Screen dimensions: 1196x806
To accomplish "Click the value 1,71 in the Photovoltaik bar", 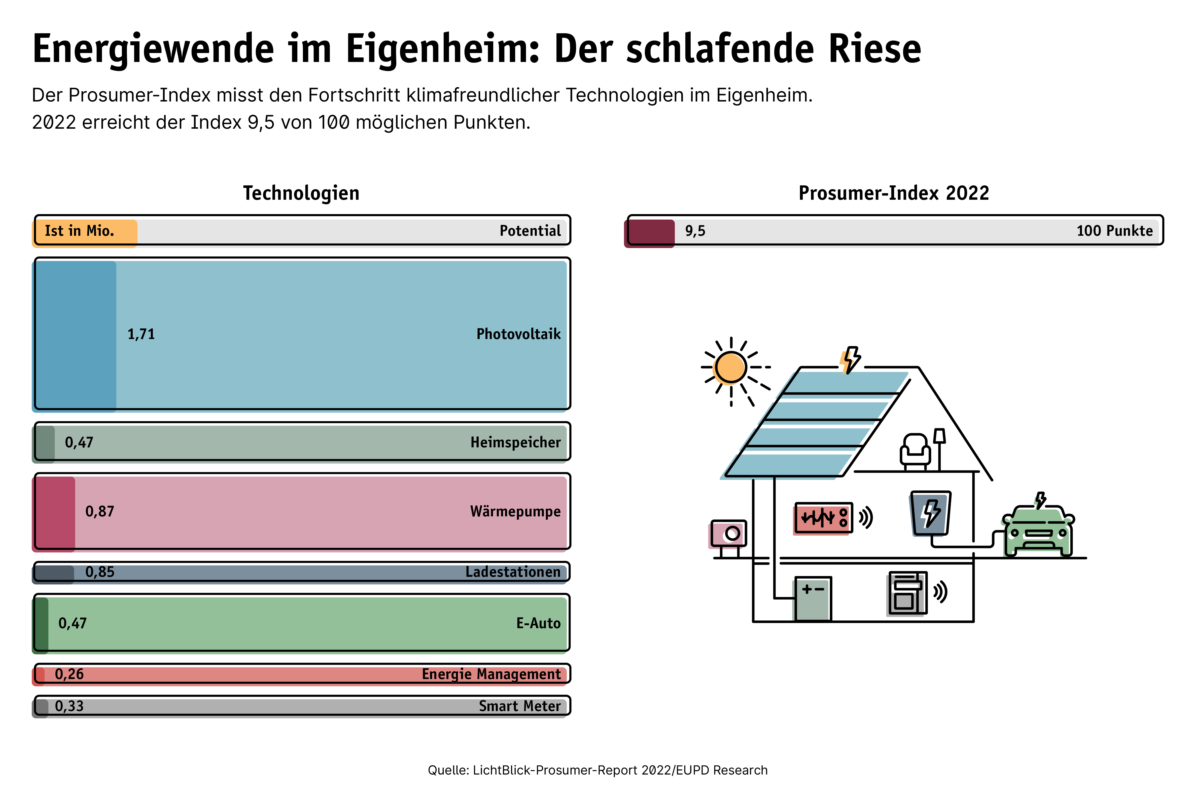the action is coord(141,334).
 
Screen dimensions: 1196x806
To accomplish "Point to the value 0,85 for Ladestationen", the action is coord(100,572).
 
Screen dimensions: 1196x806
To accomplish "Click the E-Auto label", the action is coord(538,623).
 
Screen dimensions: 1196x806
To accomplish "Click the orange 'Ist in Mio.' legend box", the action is coord(85,233).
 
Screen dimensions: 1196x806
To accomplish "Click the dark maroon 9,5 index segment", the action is coord(649,233).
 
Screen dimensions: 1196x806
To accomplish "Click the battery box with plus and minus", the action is coord(813,599).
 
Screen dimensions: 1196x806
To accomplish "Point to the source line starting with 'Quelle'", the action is coord(597,770).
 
